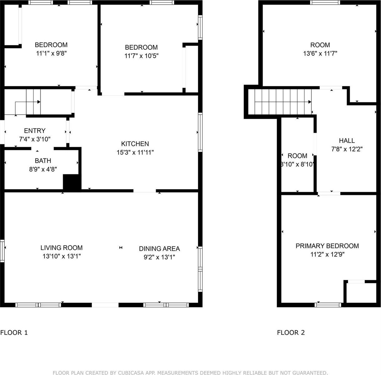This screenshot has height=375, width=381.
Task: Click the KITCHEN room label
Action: pos(135,144)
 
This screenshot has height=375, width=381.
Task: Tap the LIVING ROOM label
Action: pos(62,248)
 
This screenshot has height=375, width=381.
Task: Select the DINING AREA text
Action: pos(159,249)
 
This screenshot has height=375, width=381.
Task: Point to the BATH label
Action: pos(43,161)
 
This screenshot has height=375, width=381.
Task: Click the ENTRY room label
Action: pos(35,131)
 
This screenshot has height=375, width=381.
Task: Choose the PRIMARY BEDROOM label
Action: pos(327,246)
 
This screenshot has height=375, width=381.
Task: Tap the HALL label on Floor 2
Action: pos(347,141)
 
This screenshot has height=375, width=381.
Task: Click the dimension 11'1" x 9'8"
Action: pos(51,53)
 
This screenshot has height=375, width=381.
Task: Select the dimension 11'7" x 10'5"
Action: pos(141,56)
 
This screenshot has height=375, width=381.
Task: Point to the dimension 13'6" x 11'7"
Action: pos(320,53)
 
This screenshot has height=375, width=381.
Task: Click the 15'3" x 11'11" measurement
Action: pos(135,152)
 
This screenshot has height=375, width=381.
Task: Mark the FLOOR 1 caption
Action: pos(14,332)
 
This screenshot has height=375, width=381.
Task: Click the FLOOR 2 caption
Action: pos(291,332)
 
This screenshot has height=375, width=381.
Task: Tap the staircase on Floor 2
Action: pos(283,102)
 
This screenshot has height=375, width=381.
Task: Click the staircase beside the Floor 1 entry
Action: pos(33,102)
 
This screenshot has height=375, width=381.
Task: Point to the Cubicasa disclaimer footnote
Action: pos(190,372)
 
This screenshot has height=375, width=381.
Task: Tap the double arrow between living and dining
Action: pos(121,248)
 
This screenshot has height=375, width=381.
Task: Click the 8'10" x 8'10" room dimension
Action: pos(297,164)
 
